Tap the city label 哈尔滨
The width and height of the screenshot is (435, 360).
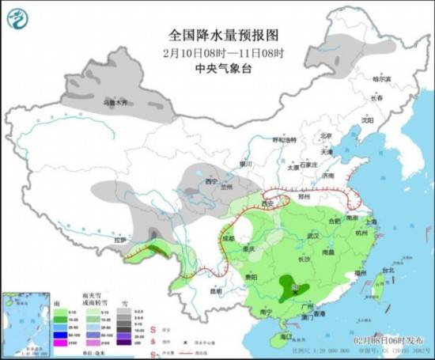coord(381,79)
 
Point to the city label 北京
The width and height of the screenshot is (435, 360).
coord(324,136)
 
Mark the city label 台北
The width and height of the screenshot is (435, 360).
coord(388,270)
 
